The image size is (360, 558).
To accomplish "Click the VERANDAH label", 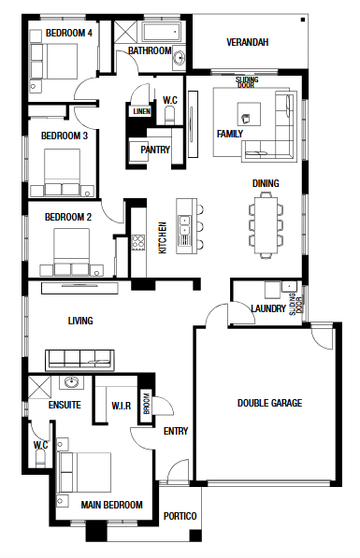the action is [x=248, y=42].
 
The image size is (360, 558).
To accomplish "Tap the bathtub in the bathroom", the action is [x=162, y=32].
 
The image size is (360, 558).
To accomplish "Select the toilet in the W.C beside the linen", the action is [x=169, y=116].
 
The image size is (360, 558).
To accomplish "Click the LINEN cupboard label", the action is [x=142, y=112].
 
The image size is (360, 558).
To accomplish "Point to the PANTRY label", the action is [x=155, y=150].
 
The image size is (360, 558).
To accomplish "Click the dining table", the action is [x=266, y=225].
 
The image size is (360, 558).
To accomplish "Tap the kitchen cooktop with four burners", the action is [x=138, y=242].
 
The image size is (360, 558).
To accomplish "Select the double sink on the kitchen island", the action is [x=184, y=225].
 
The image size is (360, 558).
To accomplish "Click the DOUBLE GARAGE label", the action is [x=269, y=403].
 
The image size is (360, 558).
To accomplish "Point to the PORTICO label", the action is [x=180, y=516].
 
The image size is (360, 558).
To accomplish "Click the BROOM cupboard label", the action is [x=147, y=404].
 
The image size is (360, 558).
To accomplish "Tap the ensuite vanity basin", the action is [x=72, y=382].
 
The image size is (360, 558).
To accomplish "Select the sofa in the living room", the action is [x=79, y=360].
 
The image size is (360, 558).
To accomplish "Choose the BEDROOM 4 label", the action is [x=69, y=33].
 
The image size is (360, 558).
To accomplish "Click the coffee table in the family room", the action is [x=249, y=114].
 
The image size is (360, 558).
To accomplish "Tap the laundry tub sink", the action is [x=289, y=286].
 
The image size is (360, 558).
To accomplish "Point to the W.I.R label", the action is [x=121, y=406].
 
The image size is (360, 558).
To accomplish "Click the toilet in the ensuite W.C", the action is [x=40, y=458].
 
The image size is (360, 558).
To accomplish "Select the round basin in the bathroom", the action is [x=179, y=57].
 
